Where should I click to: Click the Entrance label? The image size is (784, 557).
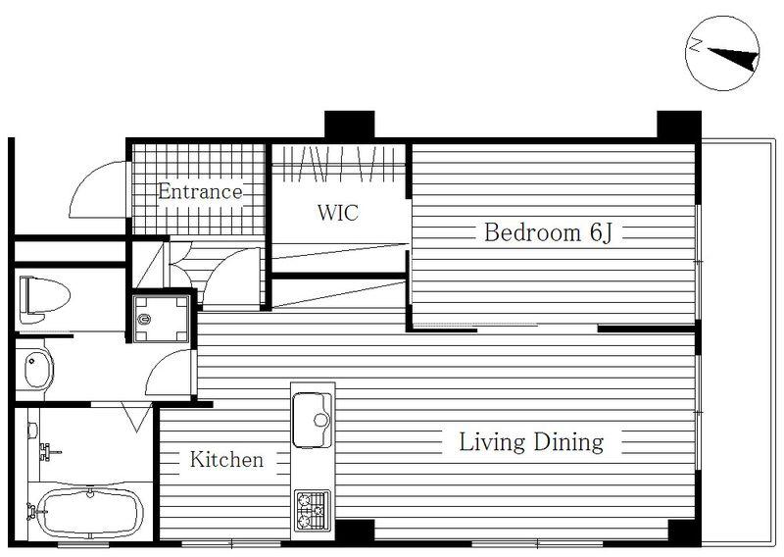tap(200, 191)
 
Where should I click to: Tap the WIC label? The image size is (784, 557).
tap(338, 213)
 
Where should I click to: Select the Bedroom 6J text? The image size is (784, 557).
tap(548, 232)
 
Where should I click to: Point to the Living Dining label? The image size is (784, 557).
tap(531, 442)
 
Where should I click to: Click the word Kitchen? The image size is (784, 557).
tap(226, 459)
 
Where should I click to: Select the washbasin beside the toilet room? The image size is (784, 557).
tap(38, 370)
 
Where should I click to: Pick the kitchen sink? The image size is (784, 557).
tap(312, 420)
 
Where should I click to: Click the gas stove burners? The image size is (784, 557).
tap(312, 510)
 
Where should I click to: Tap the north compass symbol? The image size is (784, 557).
tap(722, 54)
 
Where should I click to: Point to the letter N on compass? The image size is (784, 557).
tap(695, 45)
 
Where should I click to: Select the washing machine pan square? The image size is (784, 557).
tap(161, 319)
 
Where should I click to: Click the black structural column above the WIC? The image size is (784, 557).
tap(350, 125)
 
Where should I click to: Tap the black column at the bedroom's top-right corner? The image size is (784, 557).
tap(679, 126)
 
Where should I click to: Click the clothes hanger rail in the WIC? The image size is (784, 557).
tap(338, 163)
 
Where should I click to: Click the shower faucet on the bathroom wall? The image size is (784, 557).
tap(49, 451)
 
